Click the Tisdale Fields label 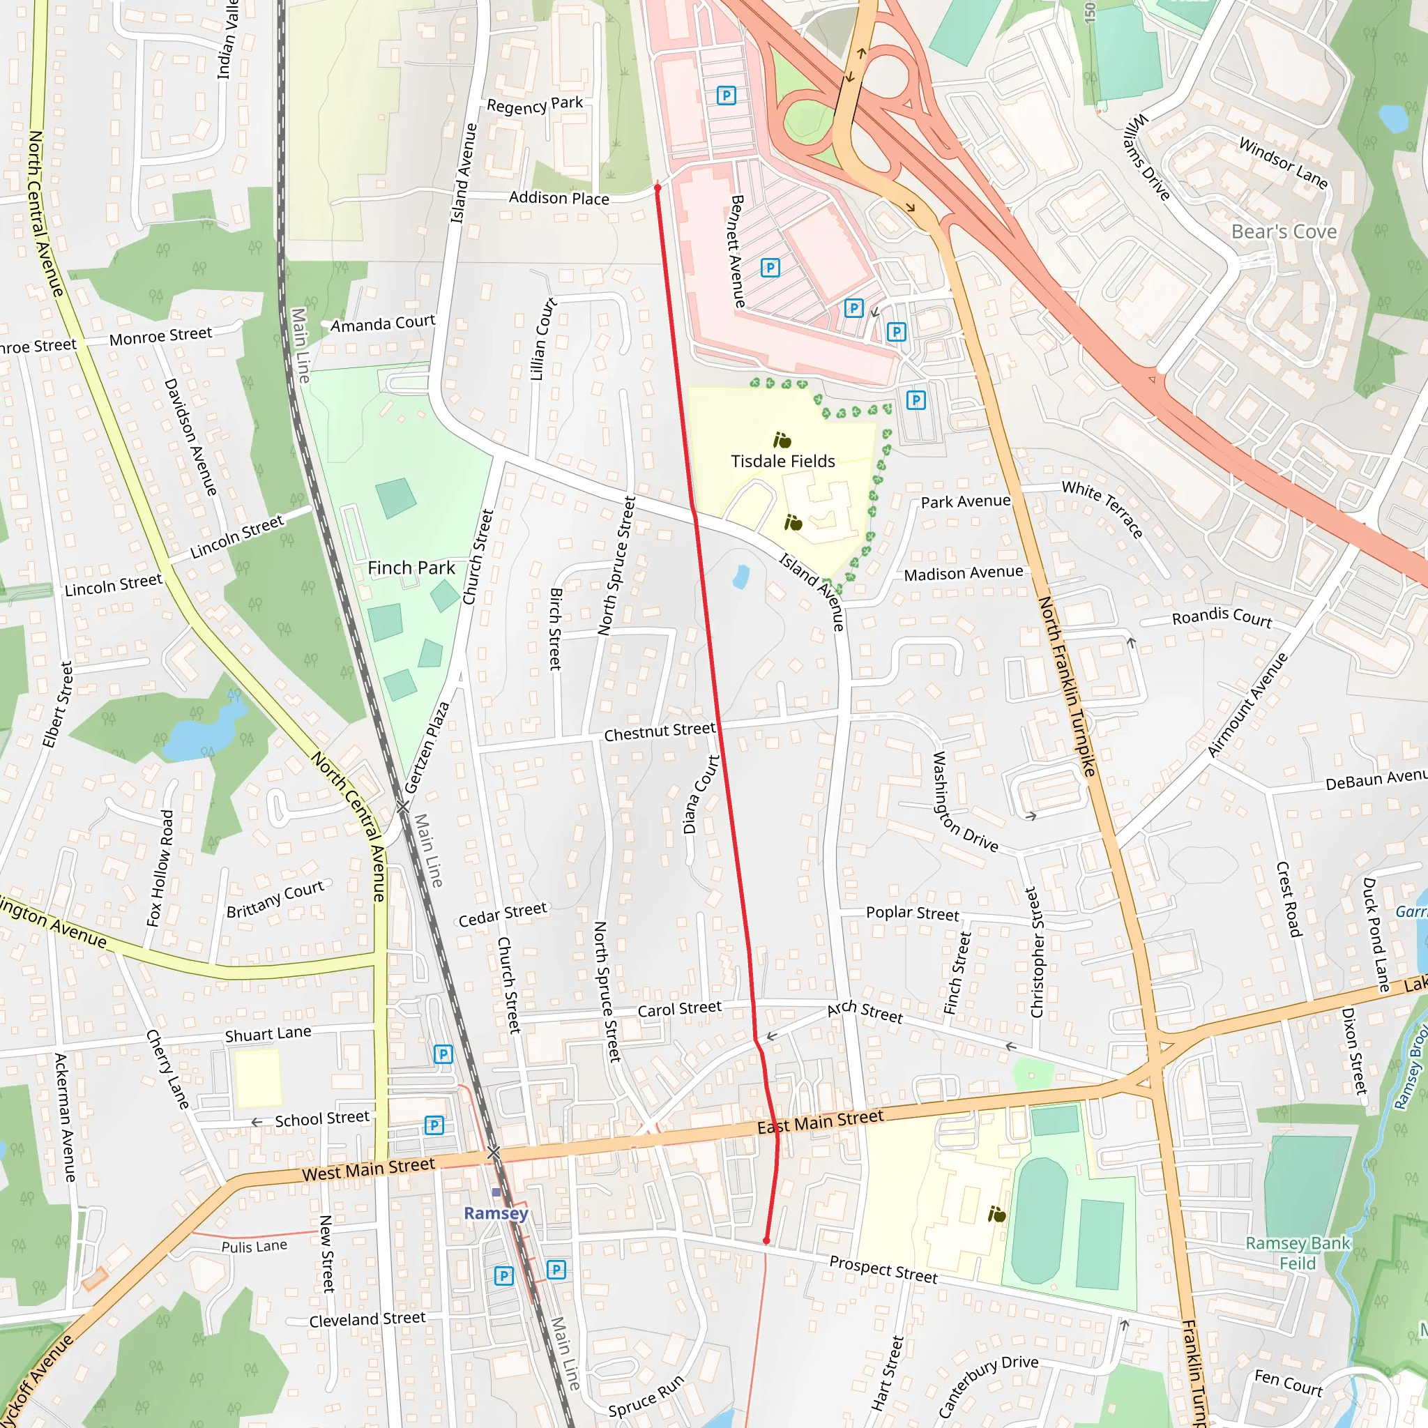coord(783,461)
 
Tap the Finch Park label coord(411,568)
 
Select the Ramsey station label coord(496,1213)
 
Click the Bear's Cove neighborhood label coord(1284,232)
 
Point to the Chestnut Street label coord(660,731)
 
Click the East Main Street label coord(820,1122)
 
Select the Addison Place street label coord(559,198)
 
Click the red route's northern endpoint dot coord(657,188)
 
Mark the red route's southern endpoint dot coord(766,1241)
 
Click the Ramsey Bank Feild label coord(1298,1253)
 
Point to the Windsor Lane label coord(1283,162)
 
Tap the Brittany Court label coord(275,899)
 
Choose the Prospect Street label coord(883,1270)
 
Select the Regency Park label coord(534,105)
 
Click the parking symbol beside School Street coord(434,1125)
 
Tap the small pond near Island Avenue coord(740,577)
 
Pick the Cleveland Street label coord(367,1319)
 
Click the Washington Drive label coord(963,802)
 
